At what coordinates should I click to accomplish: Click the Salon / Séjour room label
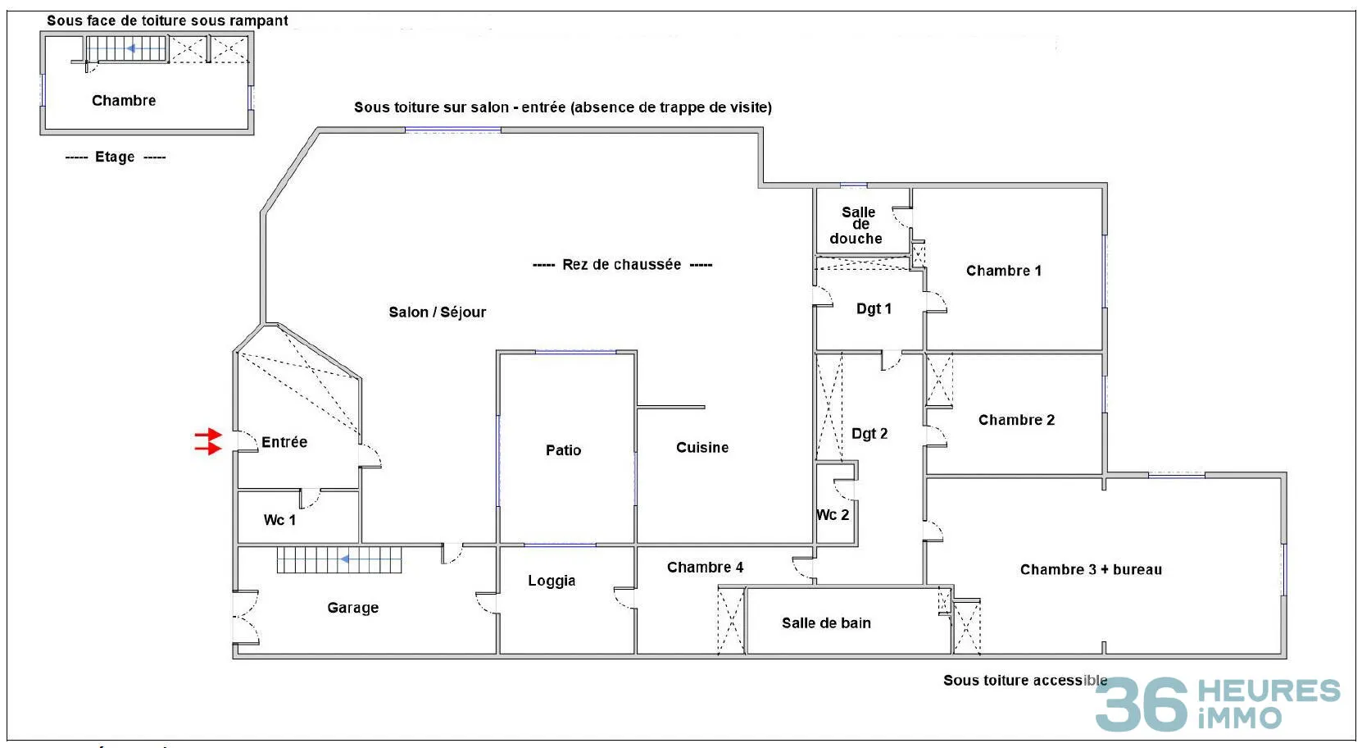437,312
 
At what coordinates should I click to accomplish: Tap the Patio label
563,450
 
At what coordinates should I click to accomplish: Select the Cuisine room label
702,447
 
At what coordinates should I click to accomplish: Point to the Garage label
352,608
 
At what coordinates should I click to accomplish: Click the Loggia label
552,581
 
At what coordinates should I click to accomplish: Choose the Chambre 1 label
1004,271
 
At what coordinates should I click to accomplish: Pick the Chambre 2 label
1017,420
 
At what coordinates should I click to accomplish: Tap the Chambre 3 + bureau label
1091,570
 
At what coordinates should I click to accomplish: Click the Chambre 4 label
705,568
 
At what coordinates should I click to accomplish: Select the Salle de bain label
826,623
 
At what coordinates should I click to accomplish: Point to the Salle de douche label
856,226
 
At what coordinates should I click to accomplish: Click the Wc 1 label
279,520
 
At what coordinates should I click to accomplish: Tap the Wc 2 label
833,515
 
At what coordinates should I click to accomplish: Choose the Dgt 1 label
874,308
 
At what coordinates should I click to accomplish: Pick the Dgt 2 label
869,433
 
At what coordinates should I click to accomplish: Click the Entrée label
284,442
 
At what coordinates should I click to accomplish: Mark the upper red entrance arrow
208,436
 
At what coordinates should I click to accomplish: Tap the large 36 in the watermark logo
1142,705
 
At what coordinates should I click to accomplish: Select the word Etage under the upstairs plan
115,157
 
